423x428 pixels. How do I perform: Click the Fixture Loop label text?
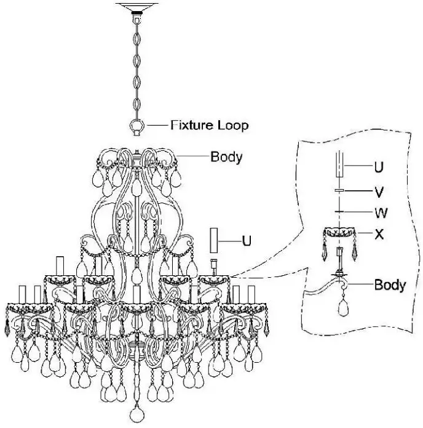[x=209, y=126]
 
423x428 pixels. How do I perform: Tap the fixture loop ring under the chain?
[x=136, y=127]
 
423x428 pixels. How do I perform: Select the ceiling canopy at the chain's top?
[x=136, y=7]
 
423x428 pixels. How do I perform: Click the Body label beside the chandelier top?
[x=226, y=156]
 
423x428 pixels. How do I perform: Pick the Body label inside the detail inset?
[x=390, y=285]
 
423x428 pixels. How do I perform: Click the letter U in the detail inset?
[x=378, y=166]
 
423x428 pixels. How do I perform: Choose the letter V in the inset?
[x=378, y=192]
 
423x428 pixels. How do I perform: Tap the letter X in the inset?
[x=379, y=234]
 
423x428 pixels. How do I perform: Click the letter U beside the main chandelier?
[x=246, y=241]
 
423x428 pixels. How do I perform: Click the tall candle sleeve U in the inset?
[x=339, y=166]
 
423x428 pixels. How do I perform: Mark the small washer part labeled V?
[x=339, y=192]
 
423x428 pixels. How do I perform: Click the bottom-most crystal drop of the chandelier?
[x=136, y=413]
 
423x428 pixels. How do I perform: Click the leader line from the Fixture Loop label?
[x=156, y=126]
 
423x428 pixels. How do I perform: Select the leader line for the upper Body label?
[x=191, y=156]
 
